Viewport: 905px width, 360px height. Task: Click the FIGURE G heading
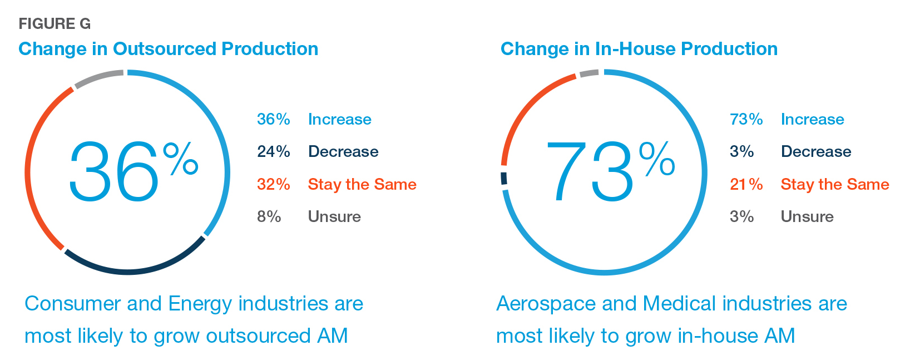55,24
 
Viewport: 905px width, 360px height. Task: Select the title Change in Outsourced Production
169,49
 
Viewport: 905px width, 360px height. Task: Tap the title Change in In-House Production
639,49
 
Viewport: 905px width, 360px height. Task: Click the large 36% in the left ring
133,170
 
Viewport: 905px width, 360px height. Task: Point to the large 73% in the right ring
610,170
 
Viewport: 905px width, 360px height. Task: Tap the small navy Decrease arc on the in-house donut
504,178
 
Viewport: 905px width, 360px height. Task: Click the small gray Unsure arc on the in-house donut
589,73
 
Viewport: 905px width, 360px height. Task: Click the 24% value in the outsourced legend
274,151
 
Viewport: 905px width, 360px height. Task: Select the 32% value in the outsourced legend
274,184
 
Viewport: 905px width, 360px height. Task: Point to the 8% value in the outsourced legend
269,216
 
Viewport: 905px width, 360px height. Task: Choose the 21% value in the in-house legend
746,184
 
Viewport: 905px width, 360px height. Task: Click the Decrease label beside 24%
343,151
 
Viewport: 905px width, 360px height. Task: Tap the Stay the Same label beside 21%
835,184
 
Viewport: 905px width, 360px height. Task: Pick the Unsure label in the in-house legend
807,216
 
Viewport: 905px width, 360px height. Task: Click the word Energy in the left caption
200,304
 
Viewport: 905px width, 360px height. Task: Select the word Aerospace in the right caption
546,304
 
